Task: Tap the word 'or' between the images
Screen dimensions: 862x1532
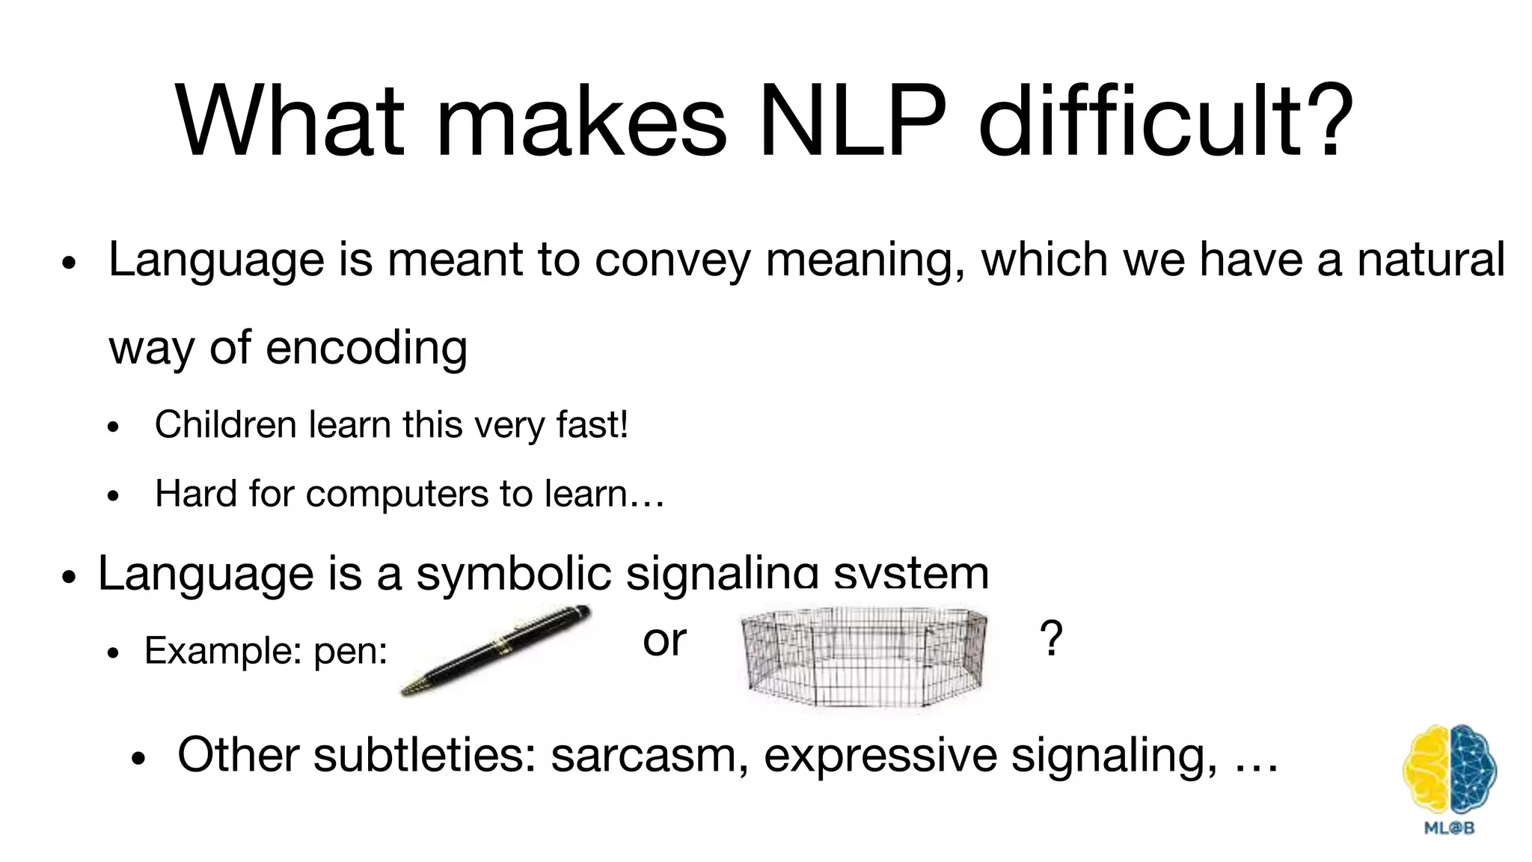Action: click(x=664, y=641)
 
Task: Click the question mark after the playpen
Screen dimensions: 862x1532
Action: click(x=1051, y=639)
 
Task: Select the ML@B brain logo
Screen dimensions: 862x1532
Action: click(x=1449, y=778)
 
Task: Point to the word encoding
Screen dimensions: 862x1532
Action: click(x=367, y=348)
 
